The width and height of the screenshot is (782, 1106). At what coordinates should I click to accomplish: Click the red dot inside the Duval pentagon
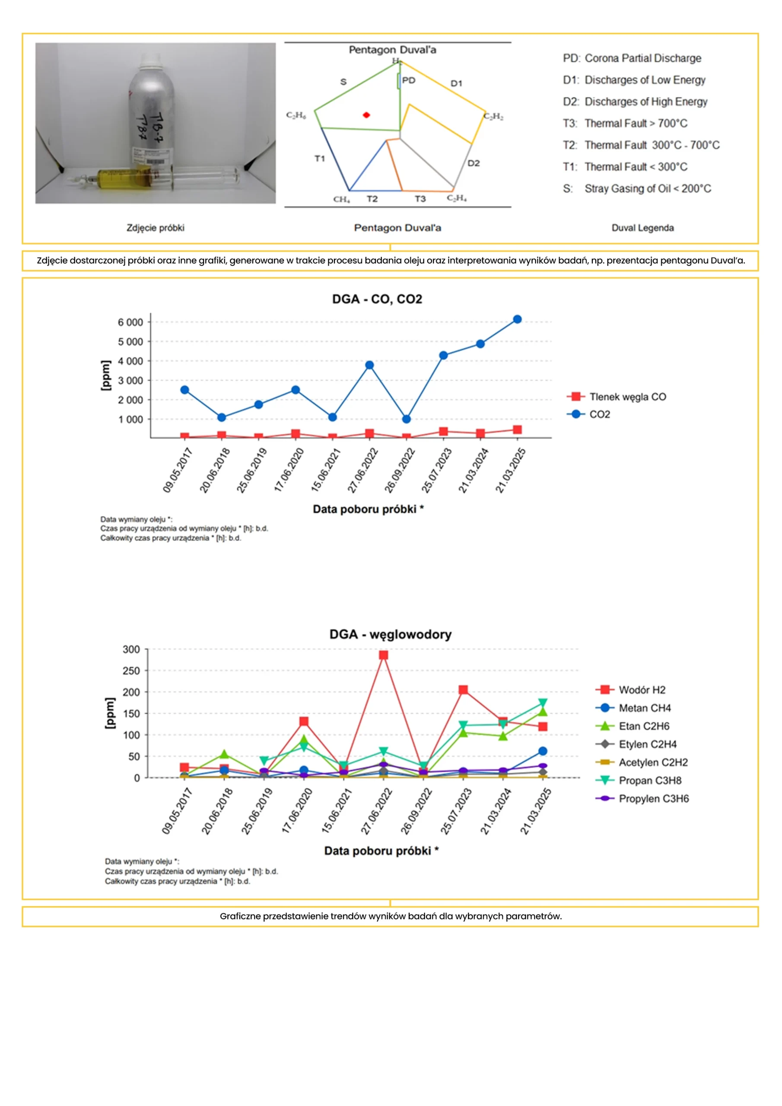[366, 115]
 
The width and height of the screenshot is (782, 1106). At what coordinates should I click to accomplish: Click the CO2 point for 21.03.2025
[517, 319]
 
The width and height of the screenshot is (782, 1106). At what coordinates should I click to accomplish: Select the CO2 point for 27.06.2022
[369, 365]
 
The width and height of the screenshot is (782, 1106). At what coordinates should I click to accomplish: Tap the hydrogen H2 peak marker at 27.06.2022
[384, 655]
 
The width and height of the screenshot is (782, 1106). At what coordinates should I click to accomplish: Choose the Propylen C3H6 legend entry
[653, 799]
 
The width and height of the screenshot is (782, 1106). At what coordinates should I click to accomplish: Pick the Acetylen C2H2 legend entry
[653, 763]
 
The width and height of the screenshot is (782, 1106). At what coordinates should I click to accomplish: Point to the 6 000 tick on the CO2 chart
[130, 322]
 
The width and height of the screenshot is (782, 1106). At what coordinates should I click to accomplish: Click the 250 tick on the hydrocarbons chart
[131, 671]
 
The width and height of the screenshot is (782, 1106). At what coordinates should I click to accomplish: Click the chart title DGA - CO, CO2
[377, 299]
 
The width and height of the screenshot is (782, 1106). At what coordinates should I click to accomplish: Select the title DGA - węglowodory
[390, 634]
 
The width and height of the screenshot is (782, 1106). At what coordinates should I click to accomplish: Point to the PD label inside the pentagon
[409, 80]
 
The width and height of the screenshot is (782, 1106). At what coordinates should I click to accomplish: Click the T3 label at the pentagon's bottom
[420, 199]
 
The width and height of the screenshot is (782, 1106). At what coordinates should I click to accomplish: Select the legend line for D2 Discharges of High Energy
[635, 102]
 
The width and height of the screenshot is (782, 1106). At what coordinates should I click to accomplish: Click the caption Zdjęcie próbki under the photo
[155, 228]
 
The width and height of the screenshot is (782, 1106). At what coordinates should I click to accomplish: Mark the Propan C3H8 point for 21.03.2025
[543, 703]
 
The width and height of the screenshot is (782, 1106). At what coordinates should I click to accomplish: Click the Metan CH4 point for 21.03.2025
[543, 751]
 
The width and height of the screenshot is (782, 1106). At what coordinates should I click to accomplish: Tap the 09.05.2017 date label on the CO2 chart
[178, 470]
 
